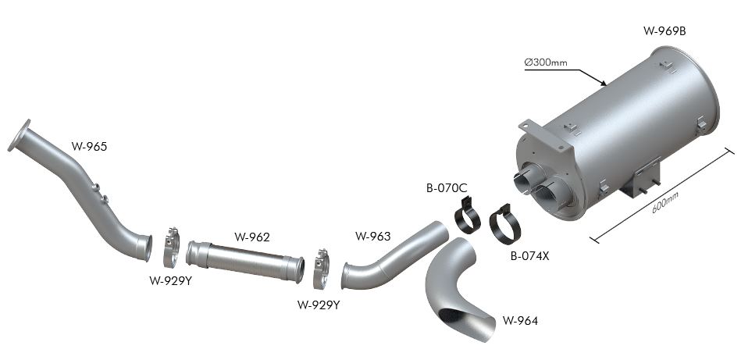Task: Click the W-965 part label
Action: [89, 147]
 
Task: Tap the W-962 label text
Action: [252, 237]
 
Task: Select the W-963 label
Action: [373, 236]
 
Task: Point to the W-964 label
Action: [520, 321]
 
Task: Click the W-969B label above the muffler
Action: [664, 31]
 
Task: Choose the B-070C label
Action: [447, 188]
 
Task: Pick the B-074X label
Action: [529, 257]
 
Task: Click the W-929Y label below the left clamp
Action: [171, 280]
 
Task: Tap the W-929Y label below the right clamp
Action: [319, 305]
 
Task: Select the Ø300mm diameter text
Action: [546, 62]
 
